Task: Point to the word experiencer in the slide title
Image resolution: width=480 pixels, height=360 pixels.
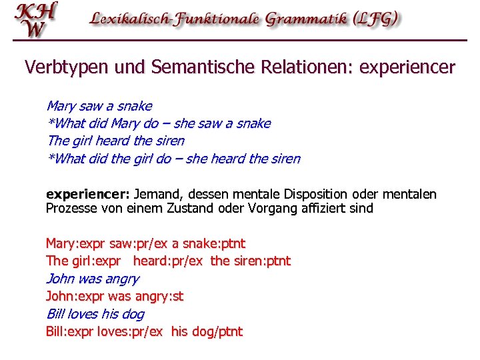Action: click(407, 67)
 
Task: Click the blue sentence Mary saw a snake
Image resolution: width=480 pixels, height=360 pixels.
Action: click(99, 106)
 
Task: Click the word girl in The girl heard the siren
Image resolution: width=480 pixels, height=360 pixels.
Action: click(81, 141)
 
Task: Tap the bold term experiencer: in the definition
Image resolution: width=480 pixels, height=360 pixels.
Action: click(87, 195)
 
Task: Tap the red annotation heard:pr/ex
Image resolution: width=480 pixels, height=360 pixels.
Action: click(169, 261)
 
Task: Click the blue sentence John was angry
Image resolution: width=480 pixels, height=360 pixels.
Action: click(92, 279)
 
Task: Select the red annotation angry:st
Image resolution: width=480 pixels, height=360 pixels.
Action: click(159, 297)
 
